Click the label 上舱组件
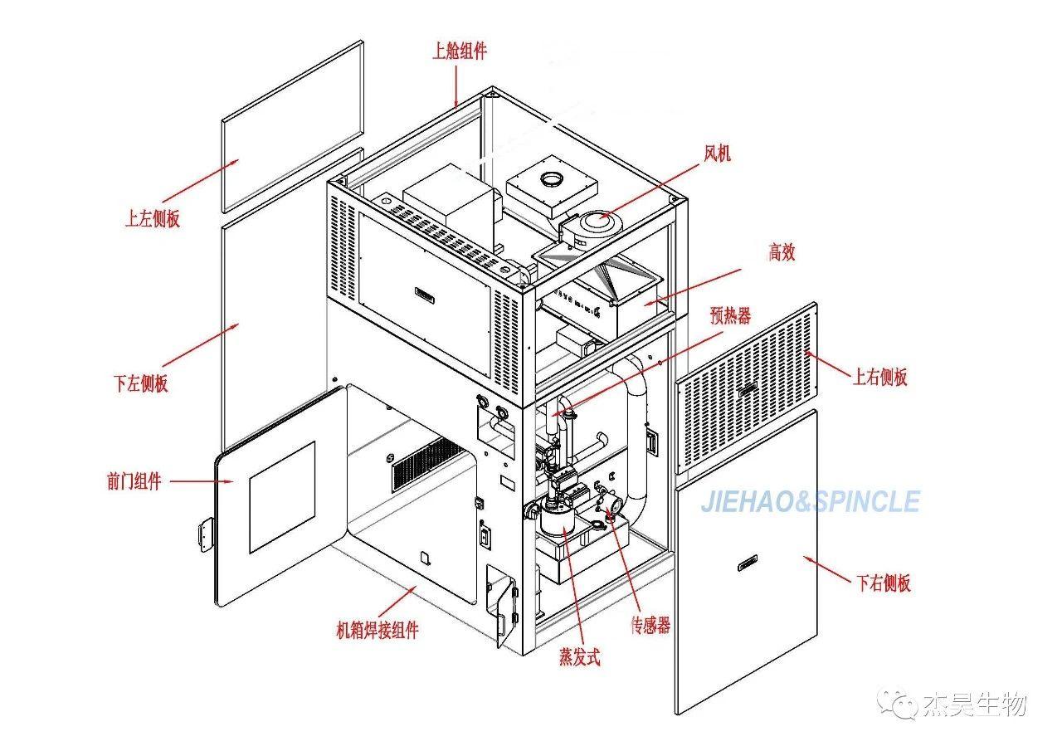click(460, 51)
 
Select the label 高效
click(782, 253)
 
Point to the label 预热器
click(731, 315)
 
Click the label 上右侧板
click(880, 378)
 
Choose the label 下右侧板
click(883, 583)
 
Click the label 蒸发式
click(579, 658)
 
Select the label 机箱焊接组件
click(378, 631)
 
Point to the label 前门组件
click(134, 481)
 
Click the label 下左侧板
click(141, 384)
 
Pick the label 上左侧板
click(153, 219)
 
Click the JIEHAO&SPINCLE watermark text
click(810, 502)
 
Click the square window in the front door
click(282, 497)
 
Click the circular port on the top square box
click(551, 179)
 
